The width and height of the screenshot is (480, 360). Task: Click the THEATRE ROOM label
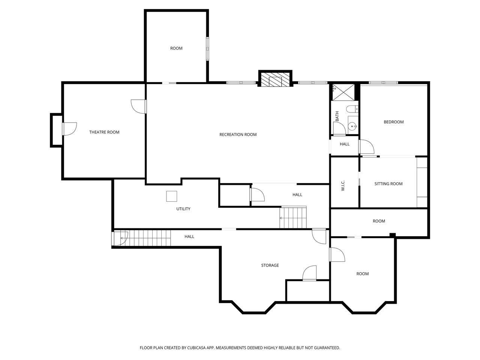click(x=104, y=132)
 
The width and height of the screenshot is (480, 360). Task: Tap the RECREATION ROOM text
click(x=238, y=134)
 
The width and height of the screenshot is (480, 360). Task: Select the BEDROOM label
click(x=394, y=122)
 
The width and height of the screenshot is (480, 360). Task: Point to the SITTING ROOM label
click(x=388, y=184)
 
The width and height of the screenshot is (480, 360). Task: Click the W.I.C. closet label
click(x=343, y=185)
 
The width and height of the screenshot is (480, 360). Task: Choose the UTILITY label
click(x=183, y=209)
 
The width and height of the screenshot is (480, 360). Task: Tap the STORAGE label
click(x=270, y=265)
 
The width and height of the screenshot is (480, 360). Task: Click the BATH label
click(x=337, y=116)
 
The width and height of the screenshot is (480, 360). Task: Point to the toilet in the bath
click(x=352, y=109)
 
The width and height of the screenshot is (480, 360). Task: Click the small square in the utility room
click(x=171, y=196)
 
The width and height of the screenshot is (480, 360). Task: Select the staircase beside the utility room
click(x=293, y=217)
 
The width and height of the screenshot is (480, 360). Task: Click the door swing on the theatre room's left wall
click(x=69, y=129)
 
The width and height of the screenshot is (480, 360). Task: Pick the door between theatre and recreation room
click(x=139, y=106)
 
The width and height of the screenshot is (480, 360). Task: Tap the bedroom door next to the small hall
click(x=366, y=147)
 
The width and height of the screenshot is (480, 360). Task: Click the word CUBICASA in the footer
click(x=196, y=348)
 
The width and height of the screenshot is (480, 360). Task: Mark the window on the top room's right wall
click(x=207, y=48)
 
